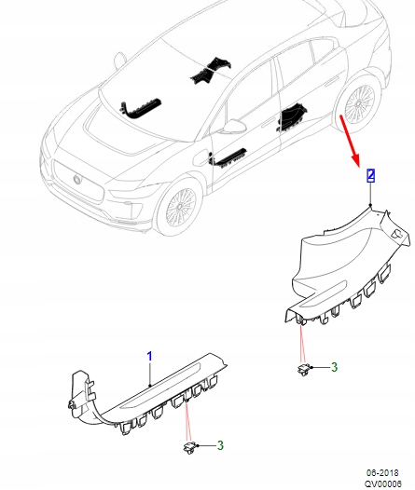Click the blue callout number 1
coord(148,356)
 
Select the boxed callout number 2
coord(370,174)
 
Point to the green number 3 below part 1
coord(220,445)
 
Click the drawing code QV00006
coord(383,483)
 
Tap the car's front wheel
coord(178,210)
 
